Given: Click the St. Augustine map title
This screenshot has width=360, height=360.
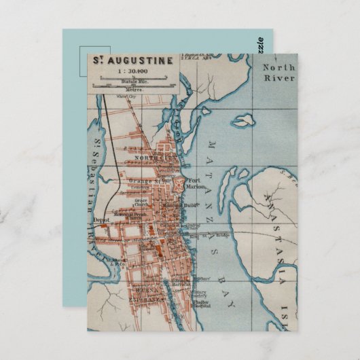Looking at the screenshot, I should (132, 60).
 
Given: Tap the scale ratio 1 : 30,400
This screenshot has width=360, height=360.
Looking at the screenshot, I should (132, 71).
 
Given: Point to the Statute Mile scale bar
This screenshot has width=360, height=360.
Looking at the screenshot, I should (133, 79).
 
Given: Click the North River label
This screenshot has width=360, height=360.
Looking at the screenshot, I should (279, 73).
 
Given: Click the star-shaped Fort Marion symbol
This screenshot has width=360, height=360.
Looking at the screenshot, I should (179, 183).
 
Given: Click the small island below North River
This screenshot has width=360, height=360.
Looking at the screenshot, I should (242, 121).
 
